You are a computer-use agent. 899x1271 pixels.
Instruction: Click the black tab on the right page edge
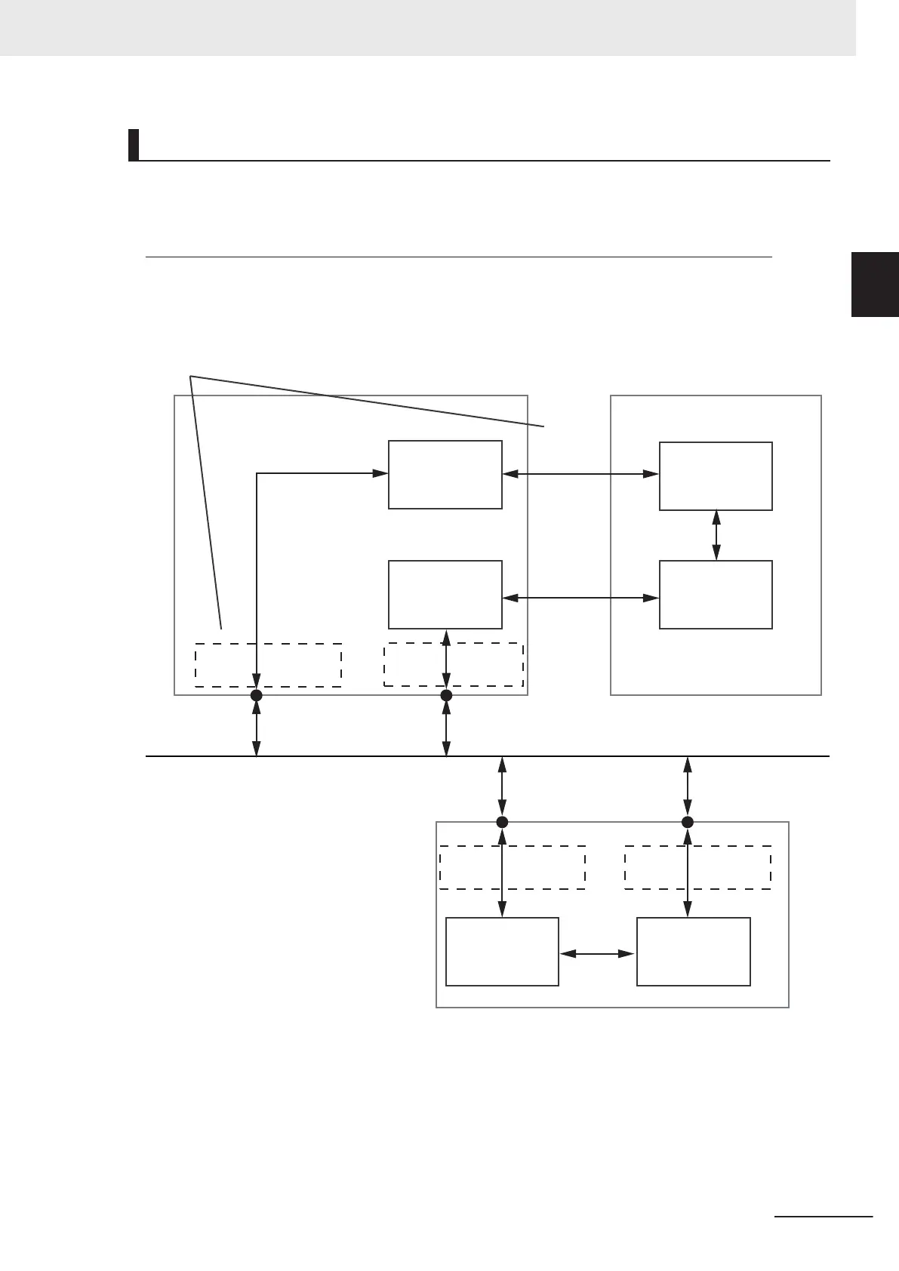[x=875, y=285]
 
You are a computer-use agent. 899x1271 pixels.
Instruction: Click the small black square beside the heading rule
[x=134, y=145]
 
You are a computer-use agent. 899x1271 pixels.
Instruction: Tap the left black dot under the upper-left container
[x=257, y=695]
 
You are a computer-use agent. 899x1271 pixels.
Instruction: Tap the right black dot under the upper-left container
[x=446, y=695]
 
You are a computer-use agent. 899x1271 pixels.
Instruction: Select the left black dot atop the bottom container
[x=502, y=822]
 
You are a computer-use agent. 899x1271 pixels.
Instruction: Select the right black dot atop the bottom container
[x=687, y=822]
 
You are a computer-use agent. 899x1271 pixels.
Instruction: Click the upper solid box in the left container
[x=445, y=475]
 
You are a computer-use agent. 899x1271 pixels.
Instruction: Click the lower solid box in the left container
[x=445, y=595]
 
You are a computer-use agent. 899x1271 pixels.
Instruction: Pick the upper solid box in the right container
[x=716, y=476]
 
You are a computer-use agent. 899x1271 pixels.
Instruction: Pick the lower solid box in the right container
[x=716, y=595]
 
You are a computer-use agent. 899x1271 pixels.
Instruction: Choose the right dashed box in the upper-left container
[x=483, y=664]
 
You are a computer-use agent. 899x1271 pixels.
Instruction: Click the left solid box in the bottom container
[x=502, y=952]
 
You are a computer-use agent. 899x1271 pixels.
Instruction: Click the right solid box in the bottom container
[x=693, y=952]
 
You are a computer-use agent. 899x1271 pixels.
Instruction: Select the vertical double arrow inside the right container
[x=716, y=535]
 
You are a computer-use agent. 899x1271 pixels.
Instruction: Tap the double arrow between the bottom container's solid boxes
[x=597, y=954]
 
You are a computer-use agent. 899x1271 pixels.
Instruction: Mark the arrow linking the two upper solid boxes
[x=580, y=474]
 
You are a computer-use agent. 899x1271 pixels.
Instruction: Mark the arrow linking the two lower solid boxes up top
[x=580, y=598]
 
